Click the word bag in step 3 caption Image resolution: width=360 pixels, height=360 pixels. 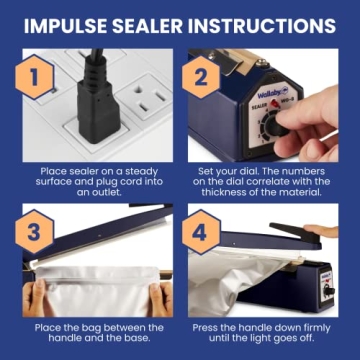point(90,328)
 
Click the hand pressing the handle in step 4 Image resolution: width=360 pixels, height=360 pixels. point(330,231)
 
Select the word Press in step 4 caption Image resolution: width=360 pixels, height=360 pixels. point(209,328)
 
